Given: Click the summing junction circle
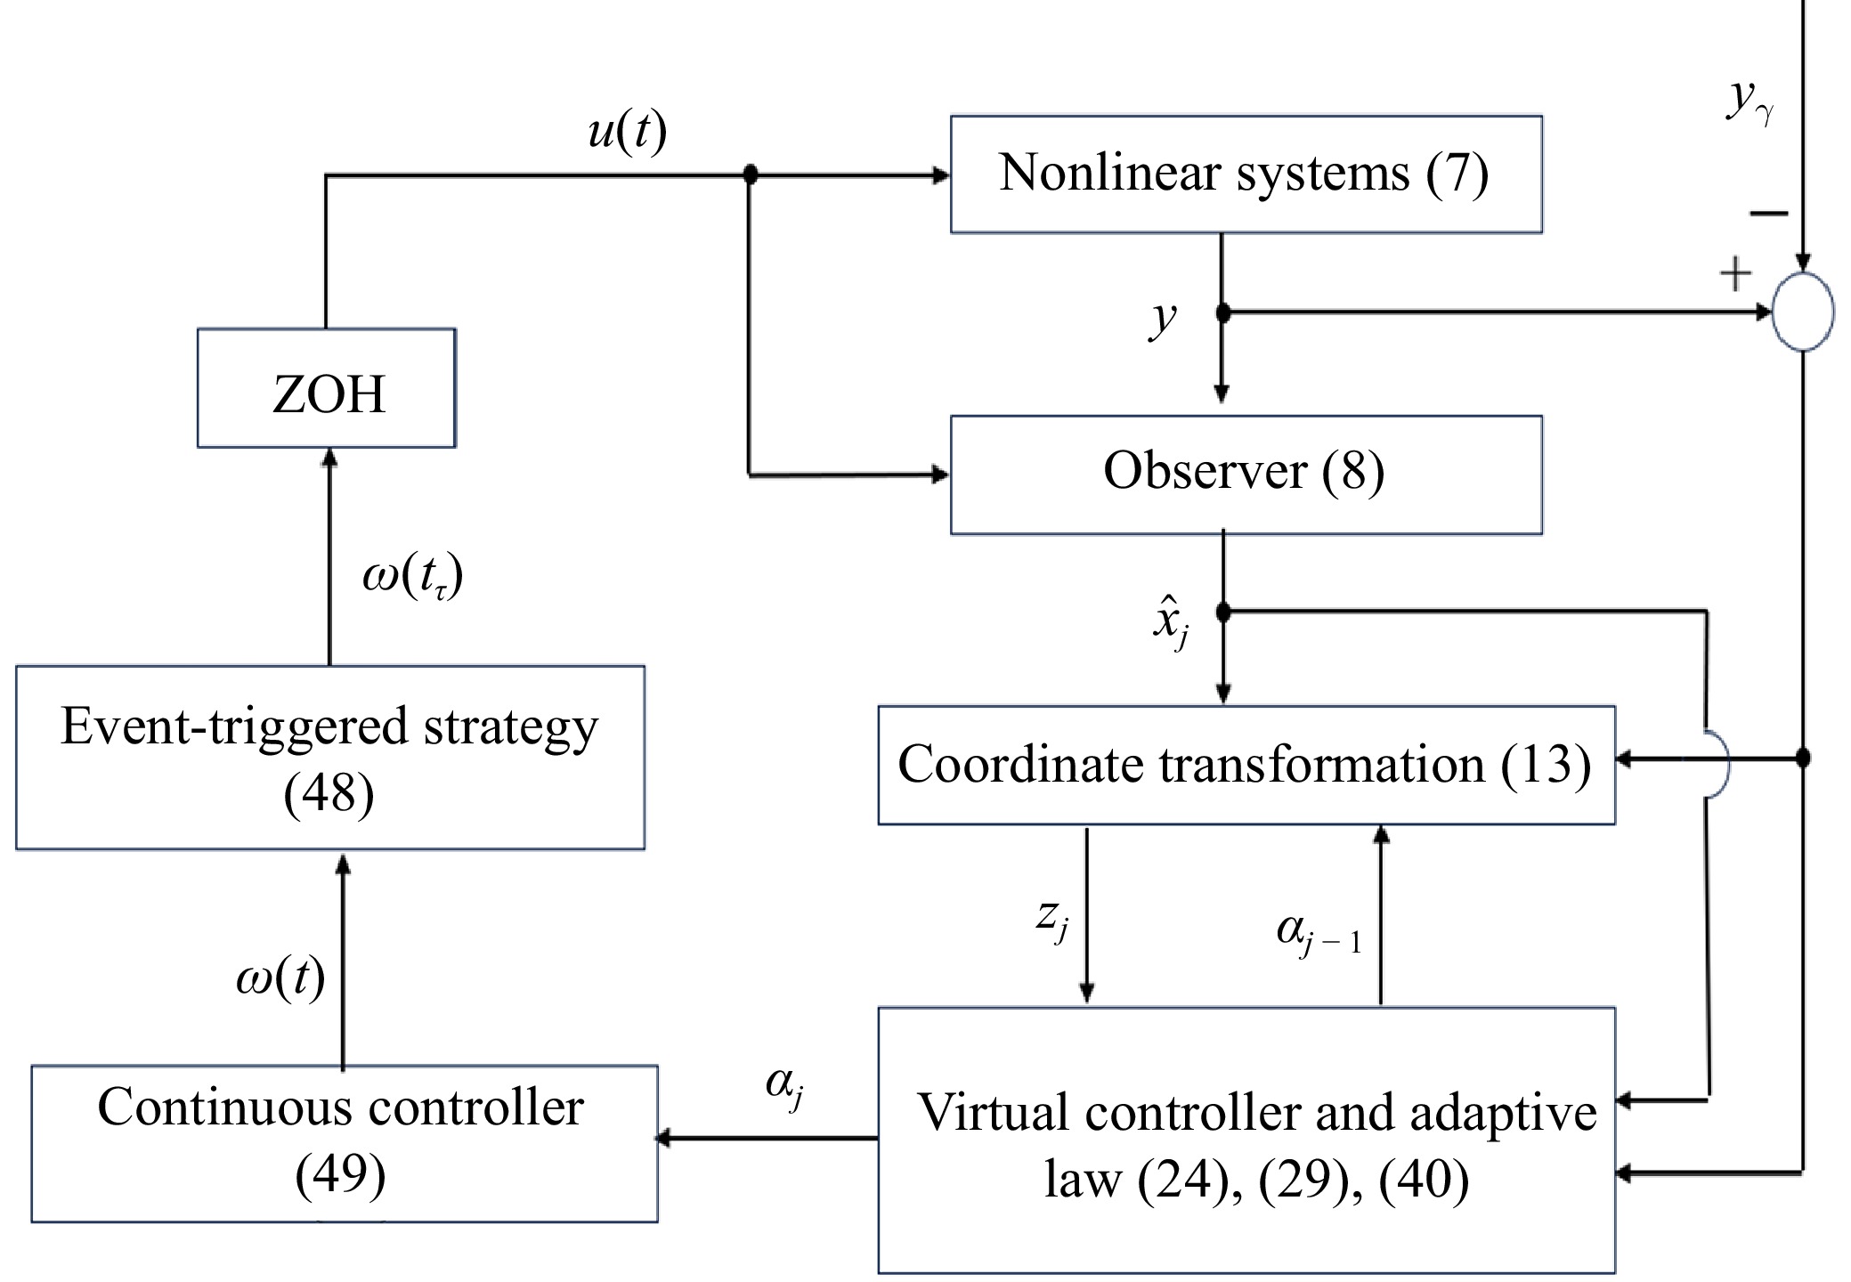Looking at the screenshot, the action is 1803,312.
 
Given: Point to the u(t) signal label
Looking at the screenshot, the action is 628,134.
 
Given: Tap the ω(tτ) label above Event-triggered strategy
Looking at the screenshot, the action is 412,578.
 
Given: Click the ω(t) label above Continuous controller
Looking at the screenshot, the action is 280,978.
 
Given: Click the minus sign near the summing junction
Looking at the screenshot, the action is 1768,213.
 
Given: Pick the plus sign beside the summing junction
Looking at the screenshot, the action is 1735,274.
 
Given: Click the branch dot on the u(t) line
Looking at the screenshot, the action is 751,174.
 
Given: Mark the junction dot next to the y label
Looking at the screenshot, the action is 1223,312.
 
